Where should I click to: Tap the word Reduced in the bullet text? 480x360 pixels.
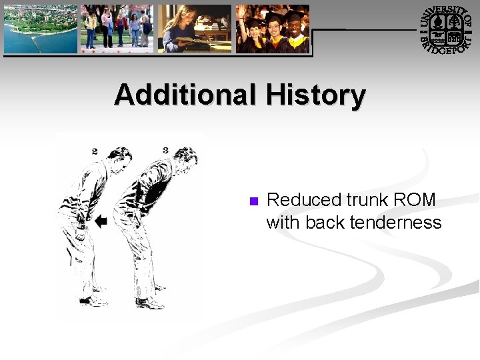click(x=303, y=200)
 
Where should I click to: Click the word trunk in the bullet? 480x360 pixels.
click(x=367, y=200)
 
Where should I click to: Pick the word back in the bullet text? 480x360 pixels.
click(x=320, y=222)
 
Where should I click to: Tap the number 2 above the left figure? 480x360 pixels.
click(x=95, y=151)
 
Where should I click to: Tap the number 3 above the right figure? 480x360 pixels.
click(x=165, y=150)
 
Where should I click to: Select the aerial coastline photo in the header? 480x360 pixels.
click(x=41, y=29)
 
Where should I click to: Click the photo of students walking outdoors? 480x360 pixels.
click(x=117, y=29)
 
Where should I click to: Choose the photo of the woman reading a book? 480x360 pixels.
click(x=194, y=29)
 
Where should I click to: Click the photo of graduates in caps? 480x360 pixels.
click(x=273, y=29)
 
